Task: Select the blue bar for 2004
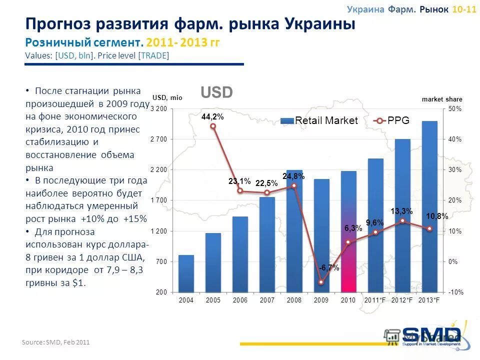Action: tap(186, 273)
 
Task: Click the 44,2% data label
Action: tap(212, 116)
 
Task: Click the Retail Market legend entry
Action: tap(319, 120)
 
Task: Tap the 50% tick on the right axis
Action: tap(455, 108)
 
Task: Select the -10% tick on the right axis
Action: tap(454, 292)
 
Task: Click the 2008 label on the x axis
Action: tap(294, 300)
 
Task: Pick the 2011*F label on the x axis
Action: tap(375, 300)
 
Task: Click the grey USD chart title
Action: tap(216, 92)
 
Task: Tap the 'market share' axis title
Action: tap(442, 99)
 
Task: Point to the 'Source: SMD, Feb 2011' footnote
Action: tap(55, 342)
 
